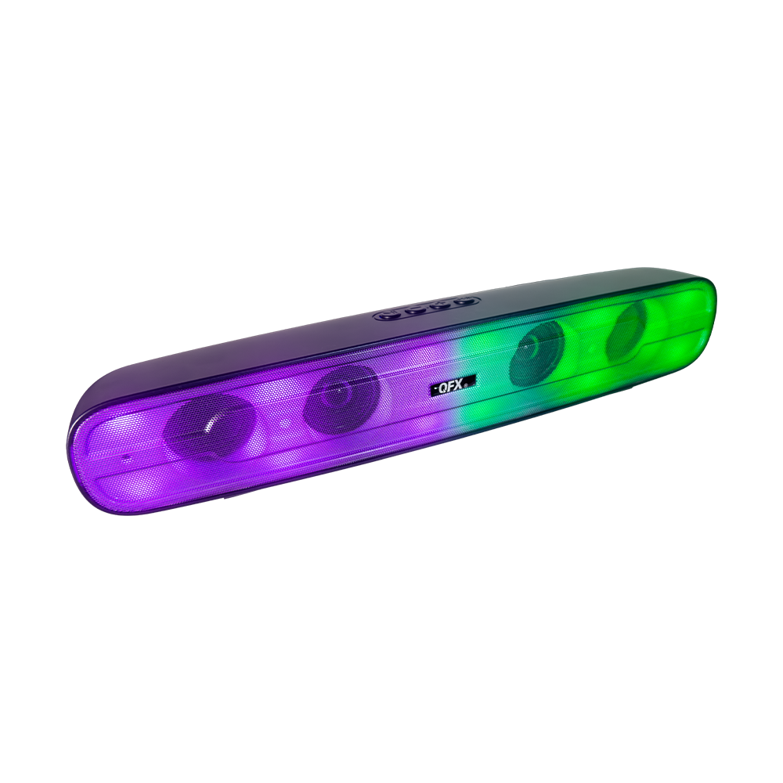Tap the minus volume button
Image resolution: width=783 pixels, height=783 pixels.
click(x=416, y=309)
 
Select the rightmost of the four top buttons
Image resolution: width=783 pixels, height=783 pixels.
click(x=464, y=301)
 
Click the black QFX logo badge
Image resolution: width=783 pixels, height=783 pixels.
click(x=453, y=385)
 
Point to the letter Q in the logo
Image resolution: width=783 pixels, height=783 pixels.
click(x=443, y=387)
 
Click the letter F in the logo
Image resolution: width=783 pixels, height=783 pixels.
click(x=452, y=385)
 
